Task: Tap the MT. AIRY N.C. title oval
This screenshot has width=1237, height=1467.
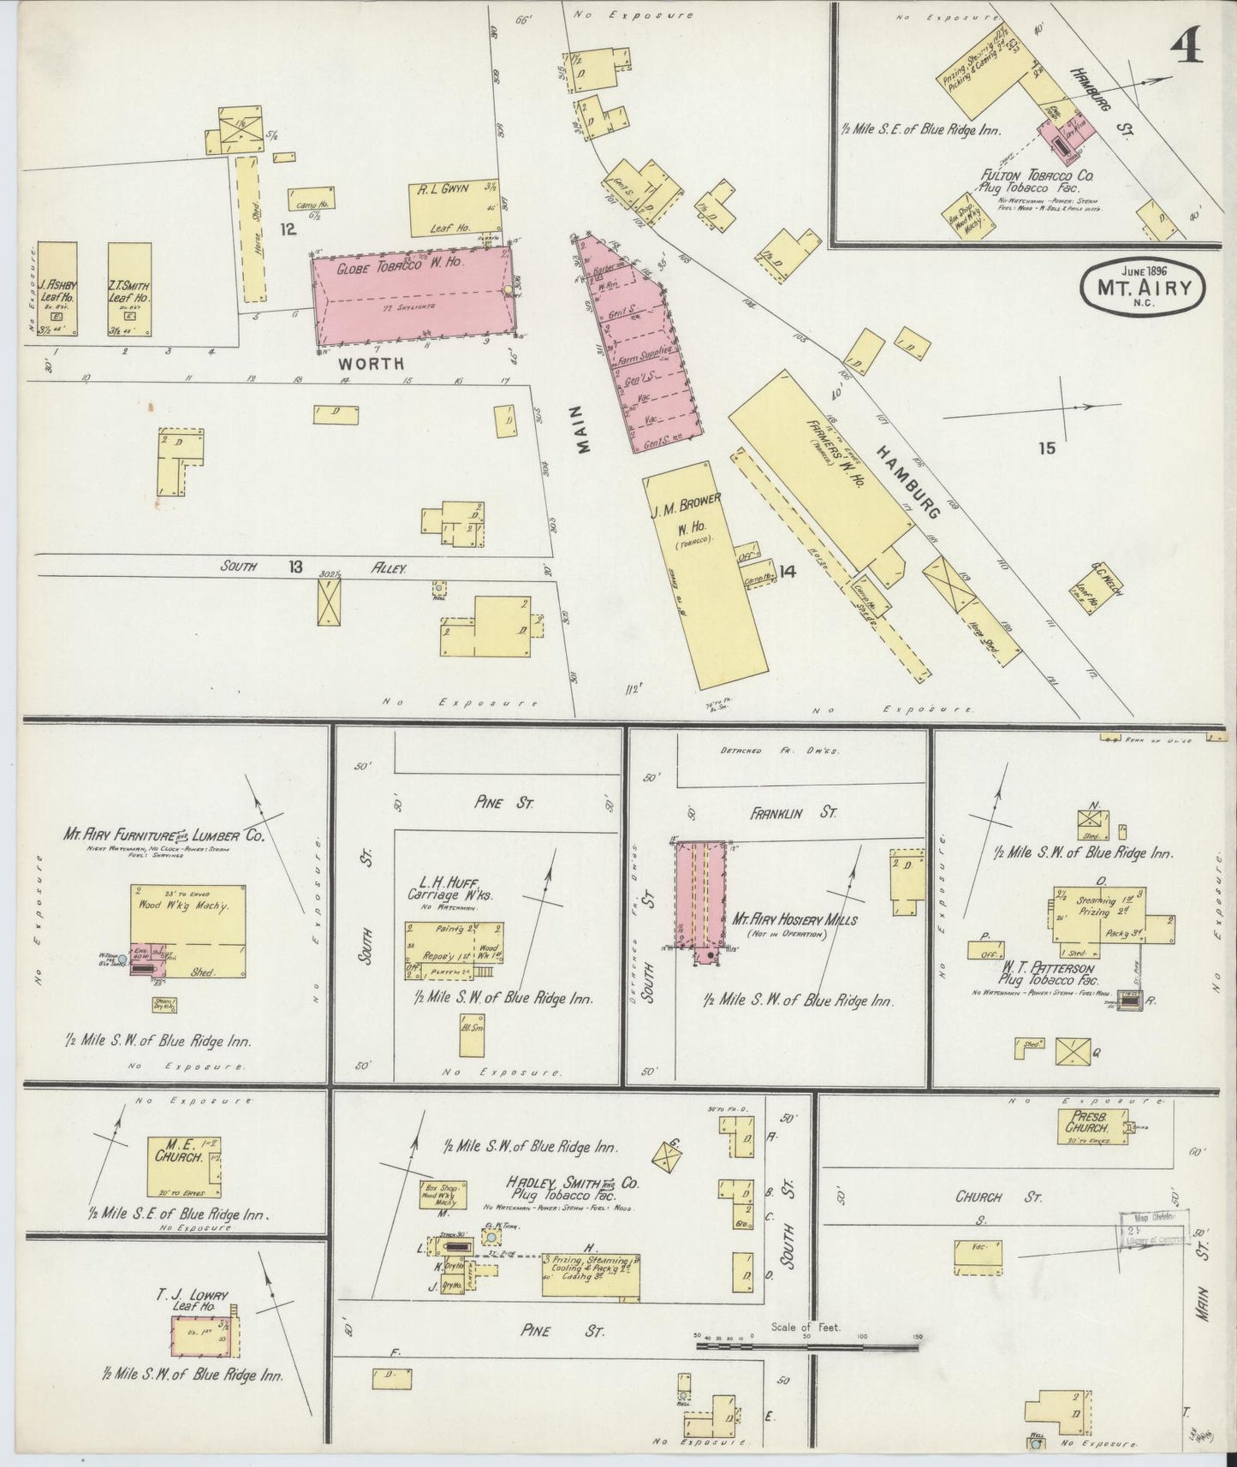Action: click(1143, 288)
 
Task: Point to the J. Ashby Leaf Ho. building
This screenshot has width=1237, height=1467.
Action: click(57, 288)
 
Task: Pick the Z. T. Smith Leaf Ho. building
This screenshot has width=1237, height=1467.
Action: click(129, 288)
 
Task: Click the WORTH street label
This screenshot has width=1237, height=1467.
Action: click(371, 364)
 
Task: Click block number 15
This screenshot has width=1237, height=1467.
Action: click(1047, 448)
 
